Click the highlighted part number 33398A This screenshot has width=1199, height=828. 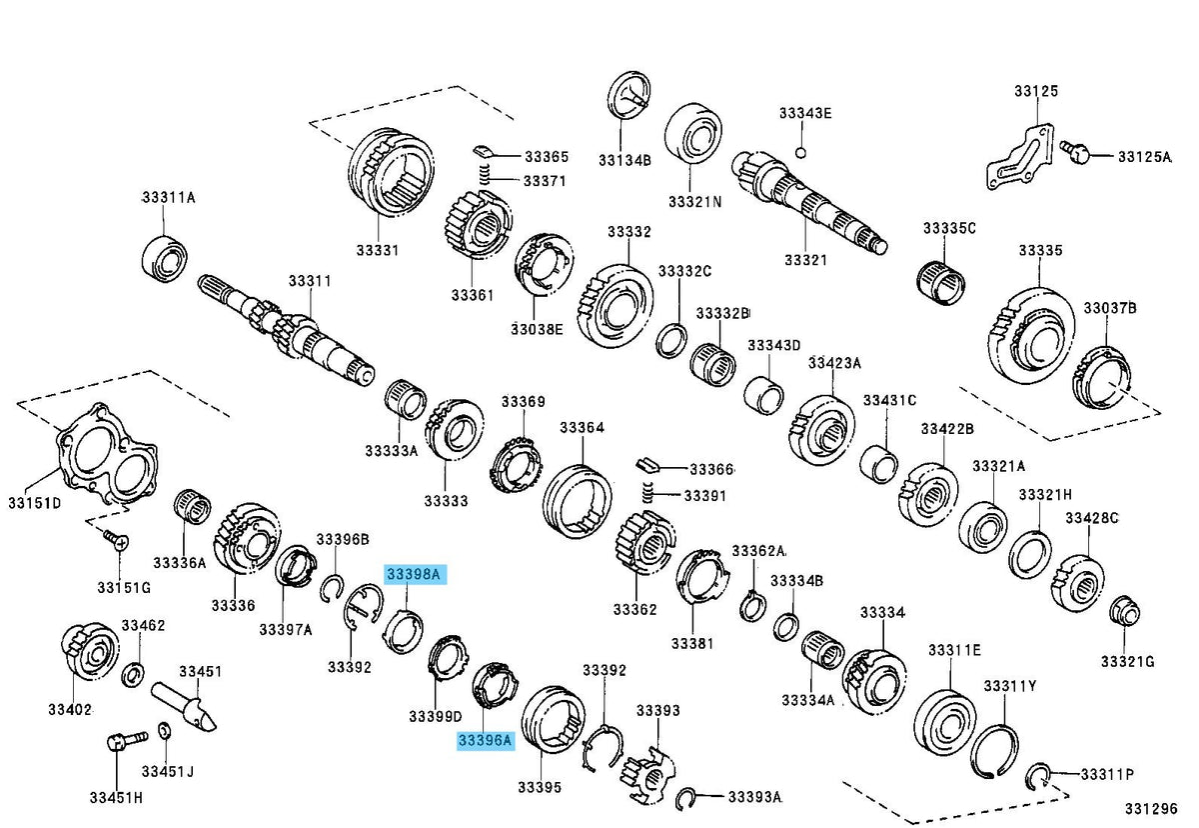point(415,575)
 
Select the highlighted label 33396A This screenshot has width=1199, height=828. point(485,741)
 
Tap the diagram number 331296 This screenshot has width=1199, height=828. point(1151,808)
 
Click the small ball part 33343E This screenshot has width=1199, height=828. point(800,153)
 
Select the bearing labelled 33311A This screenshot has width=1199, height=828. point(164,257)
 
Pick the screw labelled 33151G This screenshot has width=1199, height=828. point(117,539)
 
